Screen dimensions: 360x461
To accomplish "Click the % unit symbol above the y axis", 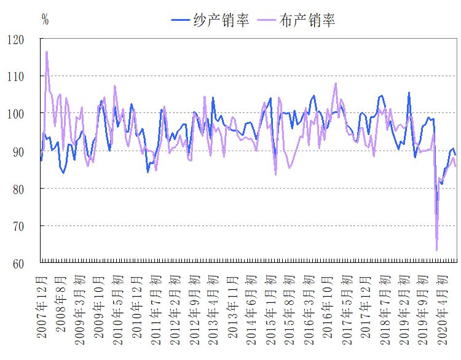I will [x=45, y=19].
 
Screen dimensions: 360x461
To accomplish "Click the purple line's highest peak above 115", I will [x=47, y=52].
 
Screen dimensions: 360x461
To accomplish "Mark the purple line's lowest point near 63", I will [x=436, y=249].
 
